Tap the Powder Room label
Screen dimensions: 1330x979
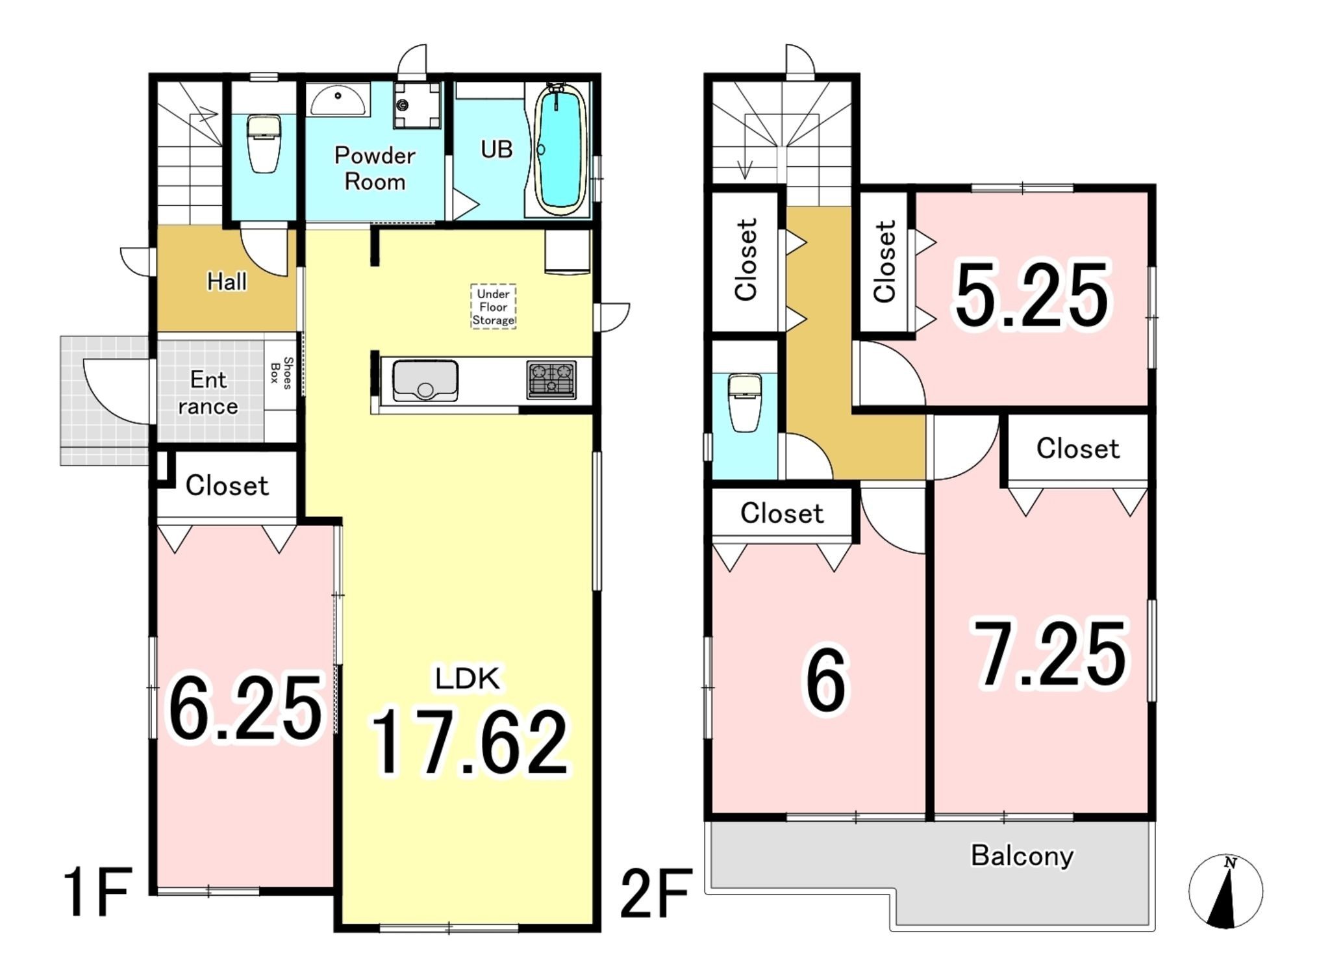point(375,168)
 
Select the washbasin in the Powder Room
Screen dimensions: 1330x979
point(338,100)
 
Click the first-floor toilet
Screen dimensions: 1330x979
point(264,144)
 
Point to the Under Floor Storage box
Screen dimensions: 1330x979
point(494,307)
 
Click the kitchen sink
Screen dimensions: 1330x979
point(425,382)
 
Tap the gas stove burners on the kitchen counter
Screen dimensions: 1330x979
point(551,379)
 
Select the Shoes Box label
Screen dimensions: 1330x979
point(281,373)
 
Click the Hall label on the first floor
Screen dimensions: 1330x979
point(227,282)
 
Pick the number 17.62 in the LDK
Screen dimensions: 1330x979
point(469,741)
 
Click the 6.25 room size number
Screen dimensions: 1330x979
point(246,707)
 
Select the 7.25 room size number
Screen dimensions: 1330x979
point(1050,654)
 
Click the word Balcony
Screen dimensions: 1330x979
point(1022,856)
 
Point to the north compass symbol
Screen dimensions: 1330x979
point(1225,892)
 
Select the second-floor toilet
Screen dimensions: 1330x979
point(745,403)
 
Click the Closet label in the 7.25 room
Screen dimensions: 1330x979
point(1078,448)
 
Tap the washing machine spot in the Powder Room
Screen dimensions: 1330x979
point(418,105)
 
